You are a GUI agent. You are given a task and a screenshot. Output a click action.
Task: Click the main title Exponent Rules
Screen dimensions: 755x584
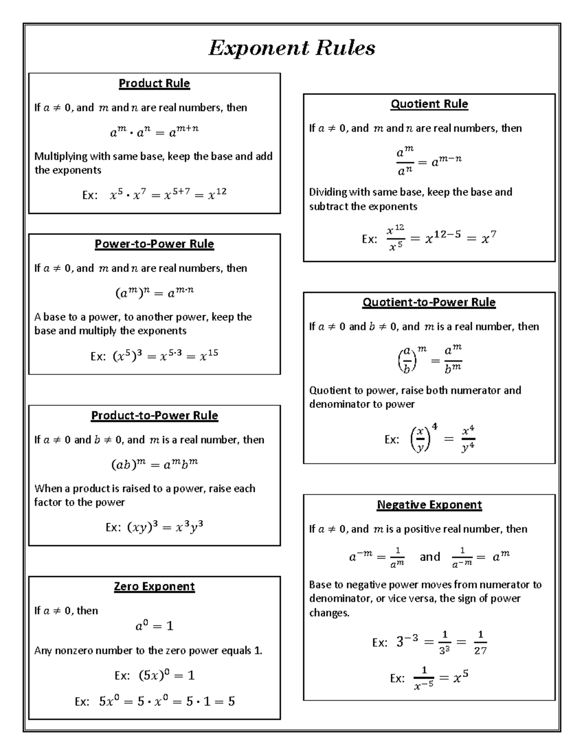(292, 48)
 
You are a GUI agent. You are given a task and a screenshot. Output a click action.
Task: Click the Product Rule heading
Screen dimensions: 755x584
(154, 84)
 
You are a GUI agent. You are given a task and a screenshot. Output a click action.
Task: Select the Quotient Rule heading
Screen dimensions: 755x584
(429, 104)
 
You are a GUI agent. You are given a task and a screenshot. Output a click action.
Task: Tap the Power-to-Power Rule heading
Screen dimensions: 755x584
(154, 244)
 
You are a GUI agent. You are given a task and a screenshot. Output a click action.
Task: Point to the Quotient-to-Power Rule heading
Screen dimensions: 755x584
(429, 302)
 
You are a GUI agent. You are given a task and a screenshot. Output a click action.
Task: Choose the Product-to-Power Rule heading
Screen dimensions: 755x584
(154, 416)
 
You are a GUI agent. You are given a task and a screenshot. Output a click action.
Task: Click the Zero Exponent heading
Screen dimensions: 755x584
(154, 587)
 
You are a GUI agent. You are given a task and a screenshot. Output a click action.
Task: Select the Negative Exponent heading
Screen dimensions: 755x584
(429, 505)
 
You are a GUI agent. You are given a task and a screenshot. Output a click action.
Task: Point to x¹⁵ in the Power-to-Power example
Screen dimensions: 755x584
(209, 355)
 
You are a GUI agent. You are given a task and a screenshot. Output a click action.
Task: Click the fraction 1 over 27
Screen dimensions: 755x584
(480, 643)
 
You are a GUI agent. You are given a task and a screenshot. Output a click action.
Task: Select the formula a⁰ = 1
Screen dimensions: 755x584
(154, 626)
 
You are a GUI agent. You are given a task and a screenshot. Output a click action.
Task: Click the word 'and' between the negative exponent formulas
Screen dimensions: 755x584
(430, 557)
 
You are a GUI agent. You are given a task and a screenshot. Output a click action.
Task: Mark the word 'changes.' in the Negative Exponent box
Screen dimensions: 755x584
(329, 613)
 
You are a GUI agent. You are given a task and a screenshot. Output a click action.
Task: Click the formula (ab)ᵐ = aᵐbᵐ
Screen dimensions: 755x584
(154, 465)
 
